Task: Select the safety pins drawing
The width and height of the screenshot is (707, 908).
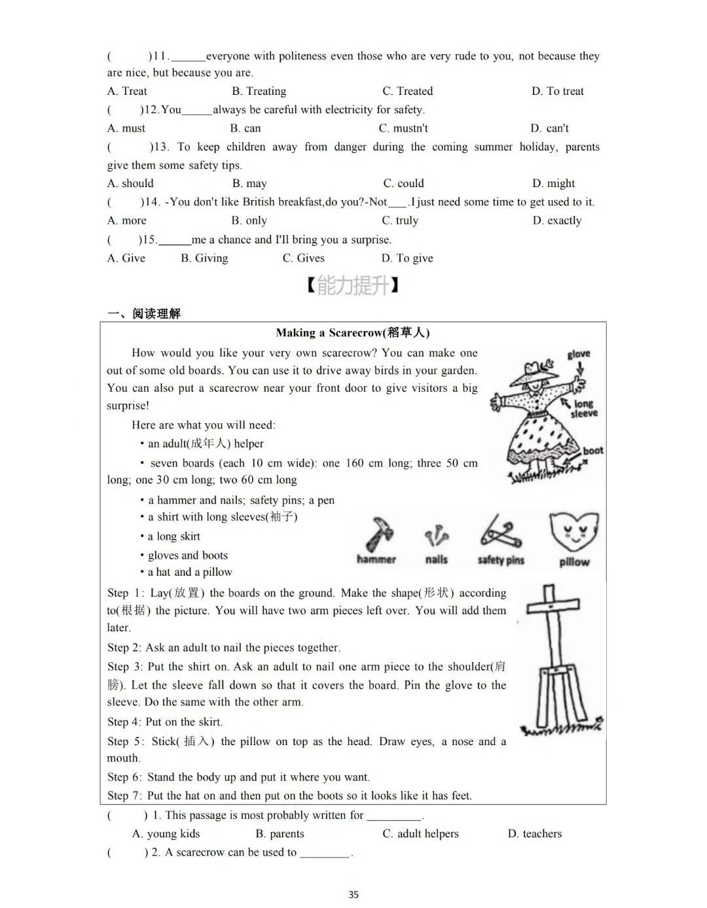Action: [501, 531]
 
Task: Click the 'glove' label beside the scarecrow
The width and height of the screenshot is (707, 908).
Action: [579, 354]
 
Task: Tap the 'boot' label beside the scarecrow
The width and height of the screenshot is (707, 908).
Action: [593, 450]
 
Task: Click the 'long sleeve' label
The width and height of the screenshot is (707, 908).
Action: [584, 409]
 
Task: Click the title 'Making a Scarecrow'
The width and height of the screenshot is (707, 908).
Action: [353, 333]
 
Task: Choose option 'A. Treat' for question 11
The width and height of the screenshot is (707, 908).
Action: [127, 91]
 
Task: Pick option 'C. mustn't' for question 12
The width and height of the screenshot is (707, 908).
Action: [403, 128]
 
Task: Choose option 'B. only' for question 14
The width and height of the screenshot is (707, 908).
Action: [249, 220]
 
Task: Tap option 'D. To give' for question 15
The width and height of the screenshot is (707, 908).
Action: [407, 258]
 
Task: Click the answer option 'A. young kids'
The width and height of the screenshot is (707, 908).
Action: [166, 833]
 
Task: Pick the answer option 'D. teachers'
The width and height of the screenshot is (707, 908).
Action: [534, 833]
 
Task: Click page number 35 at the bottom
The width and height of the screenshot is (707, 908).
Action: [353, 894]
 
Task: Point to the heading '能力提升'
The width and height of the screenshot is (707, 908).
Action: [353, 285]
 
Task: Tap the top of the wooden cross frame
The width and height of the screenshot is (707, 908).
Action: [554, 589]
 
